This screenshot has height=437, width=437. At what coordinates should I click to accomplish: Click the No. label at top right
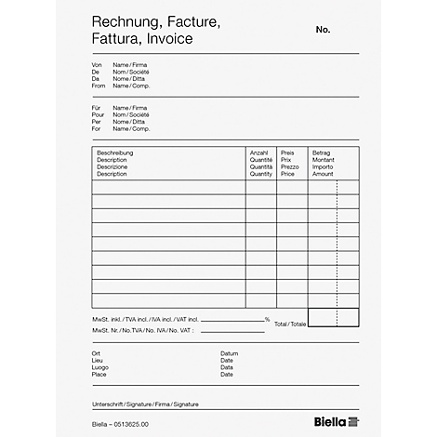pos(323,30)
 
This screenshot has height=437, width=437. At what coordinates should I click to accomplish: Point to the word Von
pos(96,65)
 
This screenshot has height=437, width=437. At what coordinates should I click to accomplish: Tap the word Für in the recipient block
pos(96,108)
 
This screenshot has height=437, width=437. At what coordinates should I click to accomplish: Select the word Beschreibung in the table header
pos(116,152)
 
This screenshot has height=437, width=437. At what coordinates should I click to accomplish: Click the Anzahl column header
pos(259,152)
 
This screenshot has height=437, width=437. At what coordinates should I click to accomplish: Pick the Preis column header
pos(287,152)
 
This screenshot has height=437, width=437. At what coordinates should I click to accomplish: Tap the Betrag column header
pos(321,152)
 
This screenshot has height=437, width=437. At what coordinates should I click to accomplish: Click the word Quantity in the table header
pos(261,174)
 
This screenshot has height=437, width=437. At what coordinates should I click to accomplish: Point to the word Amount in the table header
pos(323,174)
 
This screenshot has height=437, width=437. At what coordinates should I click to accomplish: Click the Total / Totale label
pos(289,324)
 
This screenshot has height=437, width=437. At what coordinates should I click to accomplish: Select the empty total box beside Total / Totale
pos(332,317)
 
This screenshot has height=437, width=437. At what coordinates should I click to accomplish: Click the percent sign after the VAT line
pos(267,319)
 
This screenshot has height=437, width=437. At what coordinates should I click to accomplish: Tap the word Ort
pos(96,353)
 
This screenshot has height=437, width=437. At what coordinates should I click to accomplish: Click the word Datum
pos(229,353)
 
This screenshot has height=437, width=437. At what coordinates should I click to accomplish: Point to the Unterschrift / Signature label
pos(146,405)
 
